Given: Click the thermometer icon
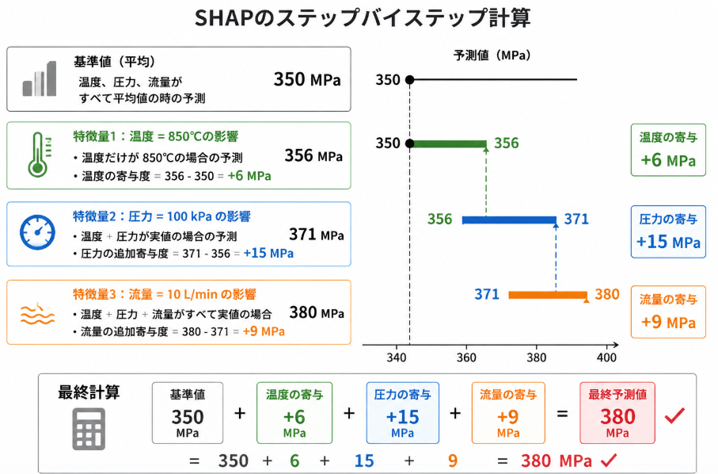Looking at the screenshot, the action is [37, 155].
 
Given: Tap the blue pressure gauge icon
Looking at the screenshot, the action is [37, 232].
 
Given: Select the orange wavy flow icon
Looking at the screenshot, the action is [37, 314].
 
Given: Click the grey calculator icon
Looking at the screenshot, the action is [89, 429].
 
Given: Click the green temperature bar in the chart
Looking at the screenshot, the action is [448, 144].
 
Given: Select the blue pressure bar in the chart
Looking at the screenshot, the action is [509, 220].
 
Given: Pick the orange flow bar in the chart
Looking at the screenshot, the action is [548, 295].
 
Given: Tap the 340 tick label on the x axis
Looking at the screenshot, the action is [396, 357].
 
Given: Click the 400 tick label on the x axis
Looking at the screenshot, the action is [606, 357].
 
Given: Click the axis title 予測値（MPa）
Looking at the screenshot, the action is [492, 55].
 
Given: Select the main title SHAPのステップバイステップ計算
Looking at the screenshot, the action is [363, 18].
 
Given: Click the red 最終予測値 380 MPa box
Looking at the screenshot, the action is [617, 413].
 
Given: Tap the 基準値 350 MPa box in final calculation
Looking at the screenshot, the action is [188, 413].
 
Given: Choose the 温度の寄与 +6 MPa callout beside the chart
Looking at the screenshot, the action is [668, 150].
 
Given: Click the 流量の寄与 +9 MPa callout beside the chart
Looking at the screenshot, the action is [668, 312].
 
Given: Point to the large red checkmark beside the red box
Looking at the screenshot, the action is [674, 415].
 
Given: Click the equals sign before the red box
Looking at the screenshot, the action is [562, 414].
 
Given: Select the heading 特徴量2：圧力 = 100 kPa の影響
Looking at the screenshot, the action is [161, 216].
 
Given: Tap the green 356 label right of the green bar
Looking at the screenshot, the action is [507, 143].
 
